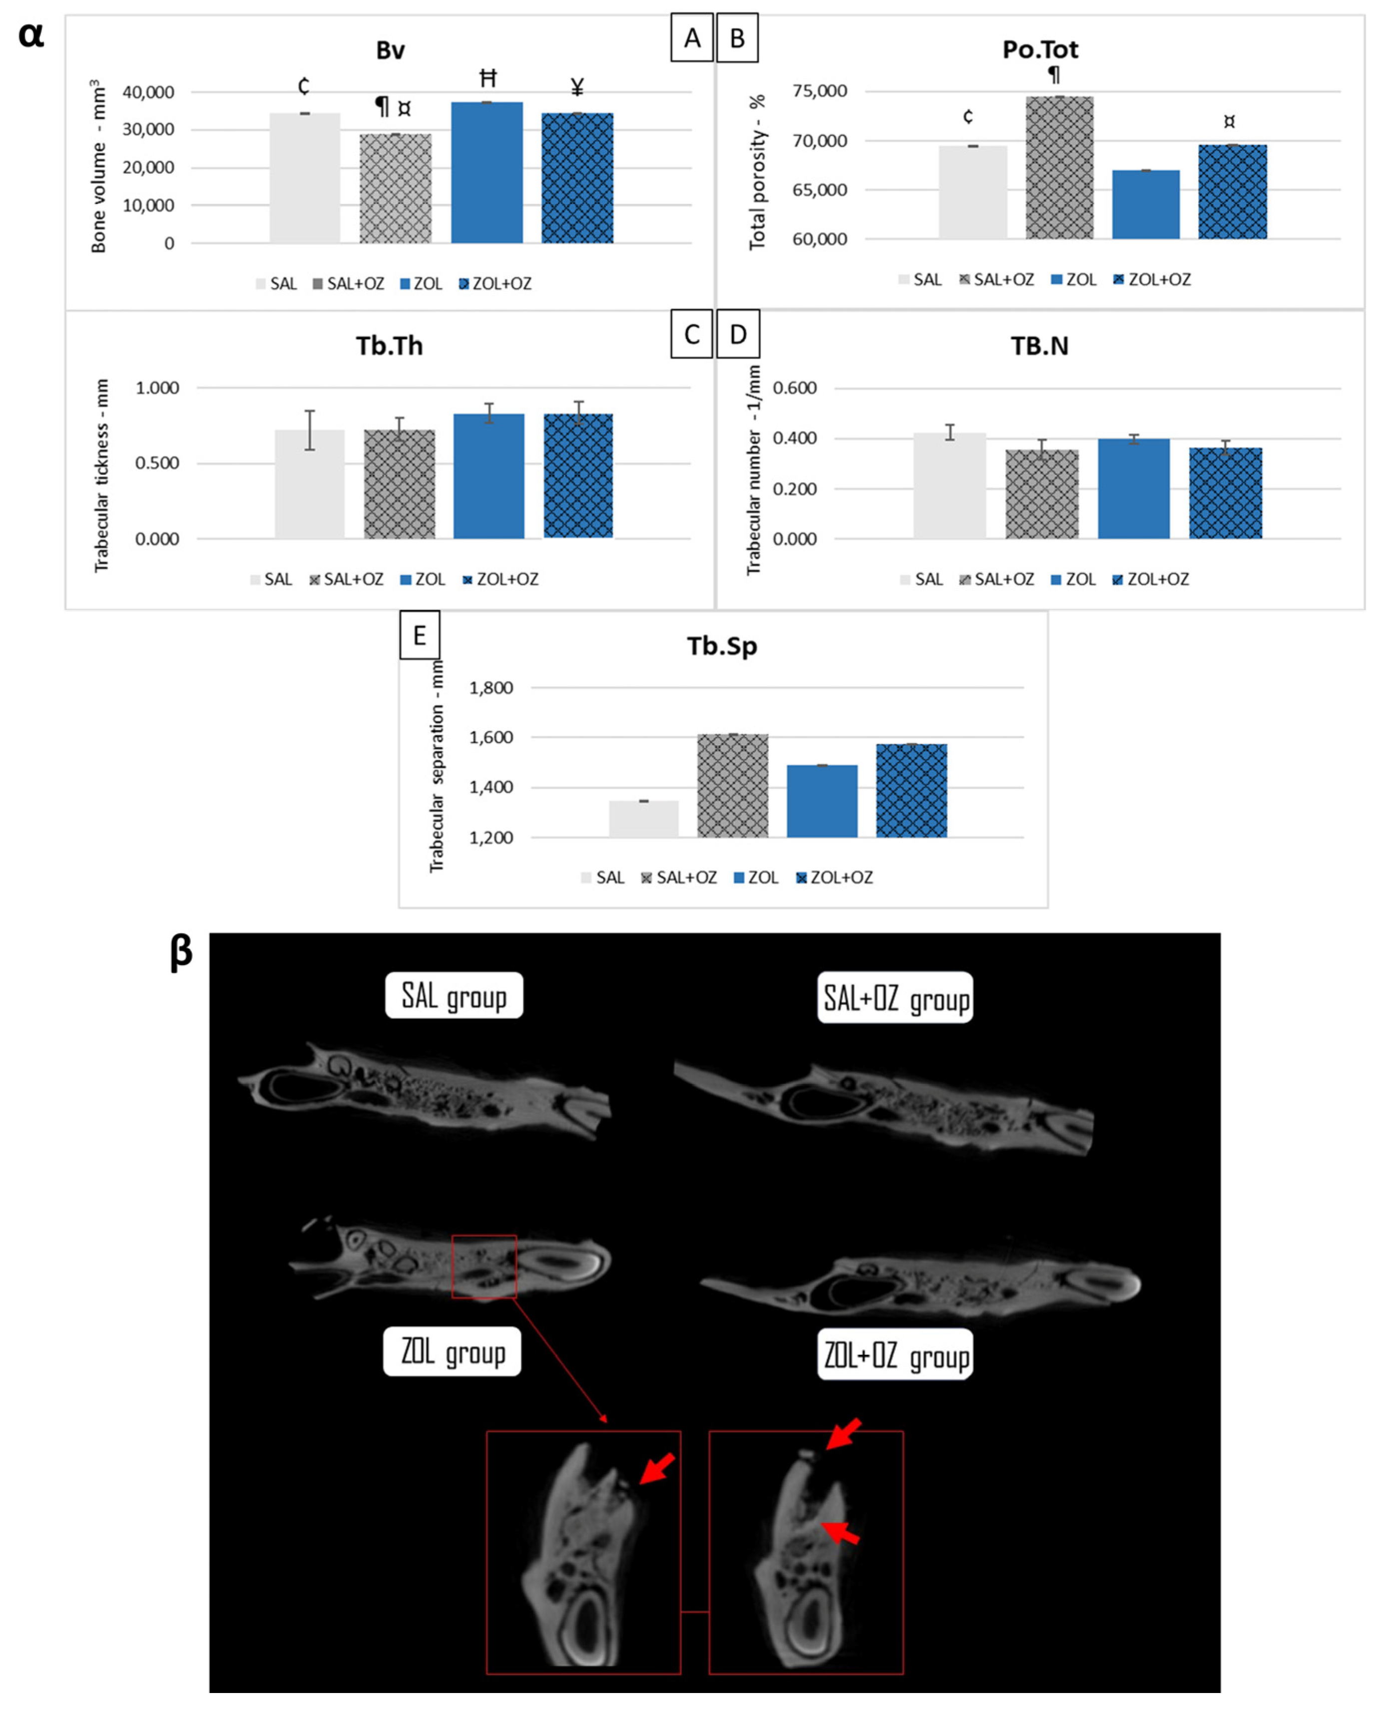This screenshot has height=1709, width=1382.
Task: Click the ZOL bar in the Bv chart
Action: click(486, 173)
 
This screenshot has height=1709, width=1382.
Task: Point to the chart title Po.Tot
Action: click(1040, 49)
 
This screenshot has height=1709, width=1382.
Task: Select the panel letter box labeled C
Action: click(691, 334)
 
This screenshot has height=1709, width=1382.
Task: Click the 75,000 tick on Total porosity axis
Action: click(819, 91)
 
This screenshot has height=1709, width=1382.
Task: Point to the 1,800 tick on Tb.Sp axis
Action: click(490, 688)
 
